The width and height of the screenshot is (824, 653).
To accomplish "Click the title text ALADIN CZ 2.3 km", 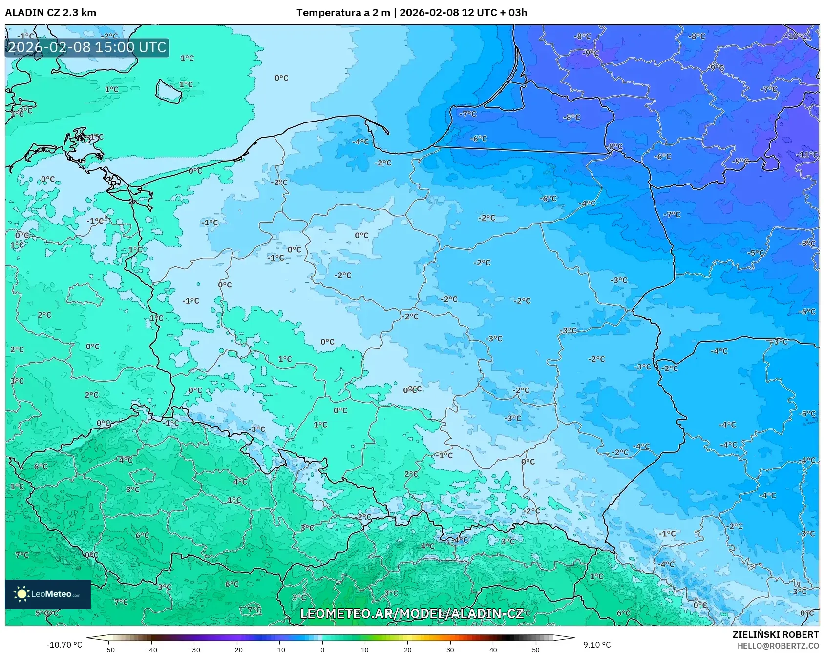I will pyautogui.click(x=50, y=13).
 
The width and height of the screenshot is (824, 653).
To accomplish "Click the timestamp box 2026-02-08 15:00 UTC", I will pyautogui.click(x=87, y=47).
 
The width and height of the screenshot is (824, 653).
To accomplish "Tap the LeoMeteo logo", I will pyautogui.click(x=48, y=594).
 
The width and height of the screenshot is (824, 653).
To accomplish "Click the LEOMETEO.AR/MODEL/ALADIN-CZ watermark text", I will pyautogui.click(x=411, y=613).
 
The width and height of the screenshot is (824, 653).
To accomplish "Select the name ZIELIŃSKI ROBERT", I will pyautogui.click(x=775, y=634).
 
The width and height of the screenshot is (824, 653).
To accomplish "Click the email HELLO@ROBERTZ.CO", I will pyautogui.click(x=778, y=646).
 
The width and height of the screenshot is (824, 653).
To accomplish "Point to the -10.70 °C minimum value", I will pyautogui.click(x=64, y=645).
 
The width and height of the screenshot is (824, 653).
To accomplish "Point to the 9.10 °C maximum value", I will pyautogui.click(x=596, y=645).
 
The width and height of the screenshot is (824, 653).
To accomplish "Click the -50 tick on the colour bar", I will pyautogui.click(x=109, y=649).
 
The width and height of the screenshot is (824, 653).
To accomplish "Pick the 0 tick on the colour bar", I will pyautogui.click(x=322, y=649).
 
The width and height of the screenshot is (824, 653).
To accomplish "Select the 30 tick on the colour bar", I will pyautogui.click(x=450, y=649).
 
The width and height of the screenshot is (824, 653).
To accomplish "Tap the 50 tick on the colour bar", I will pyautogui.click(x=536, y=649).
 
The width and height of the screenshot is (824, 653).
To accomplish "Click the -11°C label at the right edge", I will pyautogui.click(x=807, y=155).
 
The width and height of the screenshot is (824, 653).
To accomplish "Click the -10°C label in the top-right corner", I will pyautogui.click(x=796, y=37).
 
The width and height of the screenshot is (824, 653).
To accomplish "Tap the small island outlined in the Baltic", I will pyautogui.click(x=168, y=92).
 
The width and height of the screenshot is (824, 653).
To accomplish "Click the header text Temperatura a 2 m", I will pyautogui.click(x=343, y=13).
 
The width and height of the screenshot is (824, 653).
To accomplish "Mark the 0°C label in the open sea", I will pyautogui.click(x=281, y=78).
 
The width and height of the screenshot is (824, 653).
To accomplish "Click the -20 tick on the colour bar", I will pyautogui.click(x=237, y=649).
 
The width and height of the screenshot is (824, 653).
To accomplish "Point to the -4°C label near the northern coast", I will pyautogui.click(x=361, y=142).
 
